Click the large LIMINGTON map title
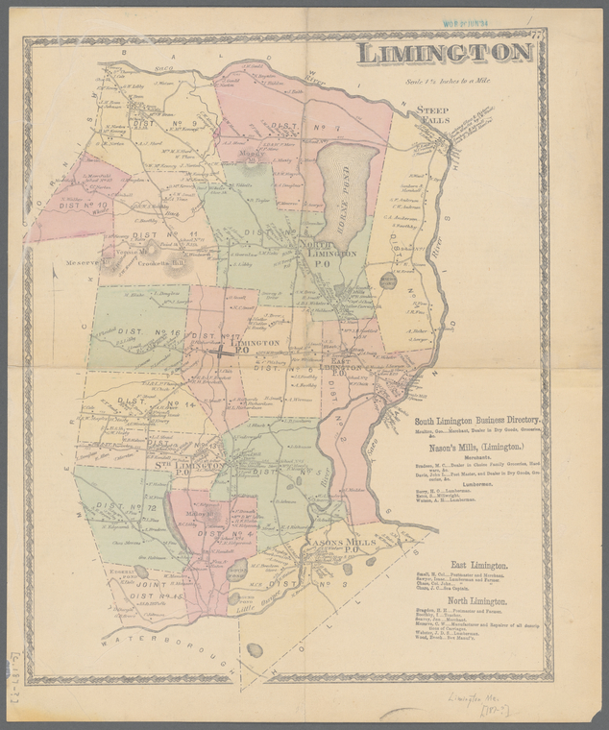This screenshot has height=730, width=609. [x=444, y=53]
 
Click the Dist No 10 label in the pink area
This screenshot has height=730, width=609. [x=57, y=204]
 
